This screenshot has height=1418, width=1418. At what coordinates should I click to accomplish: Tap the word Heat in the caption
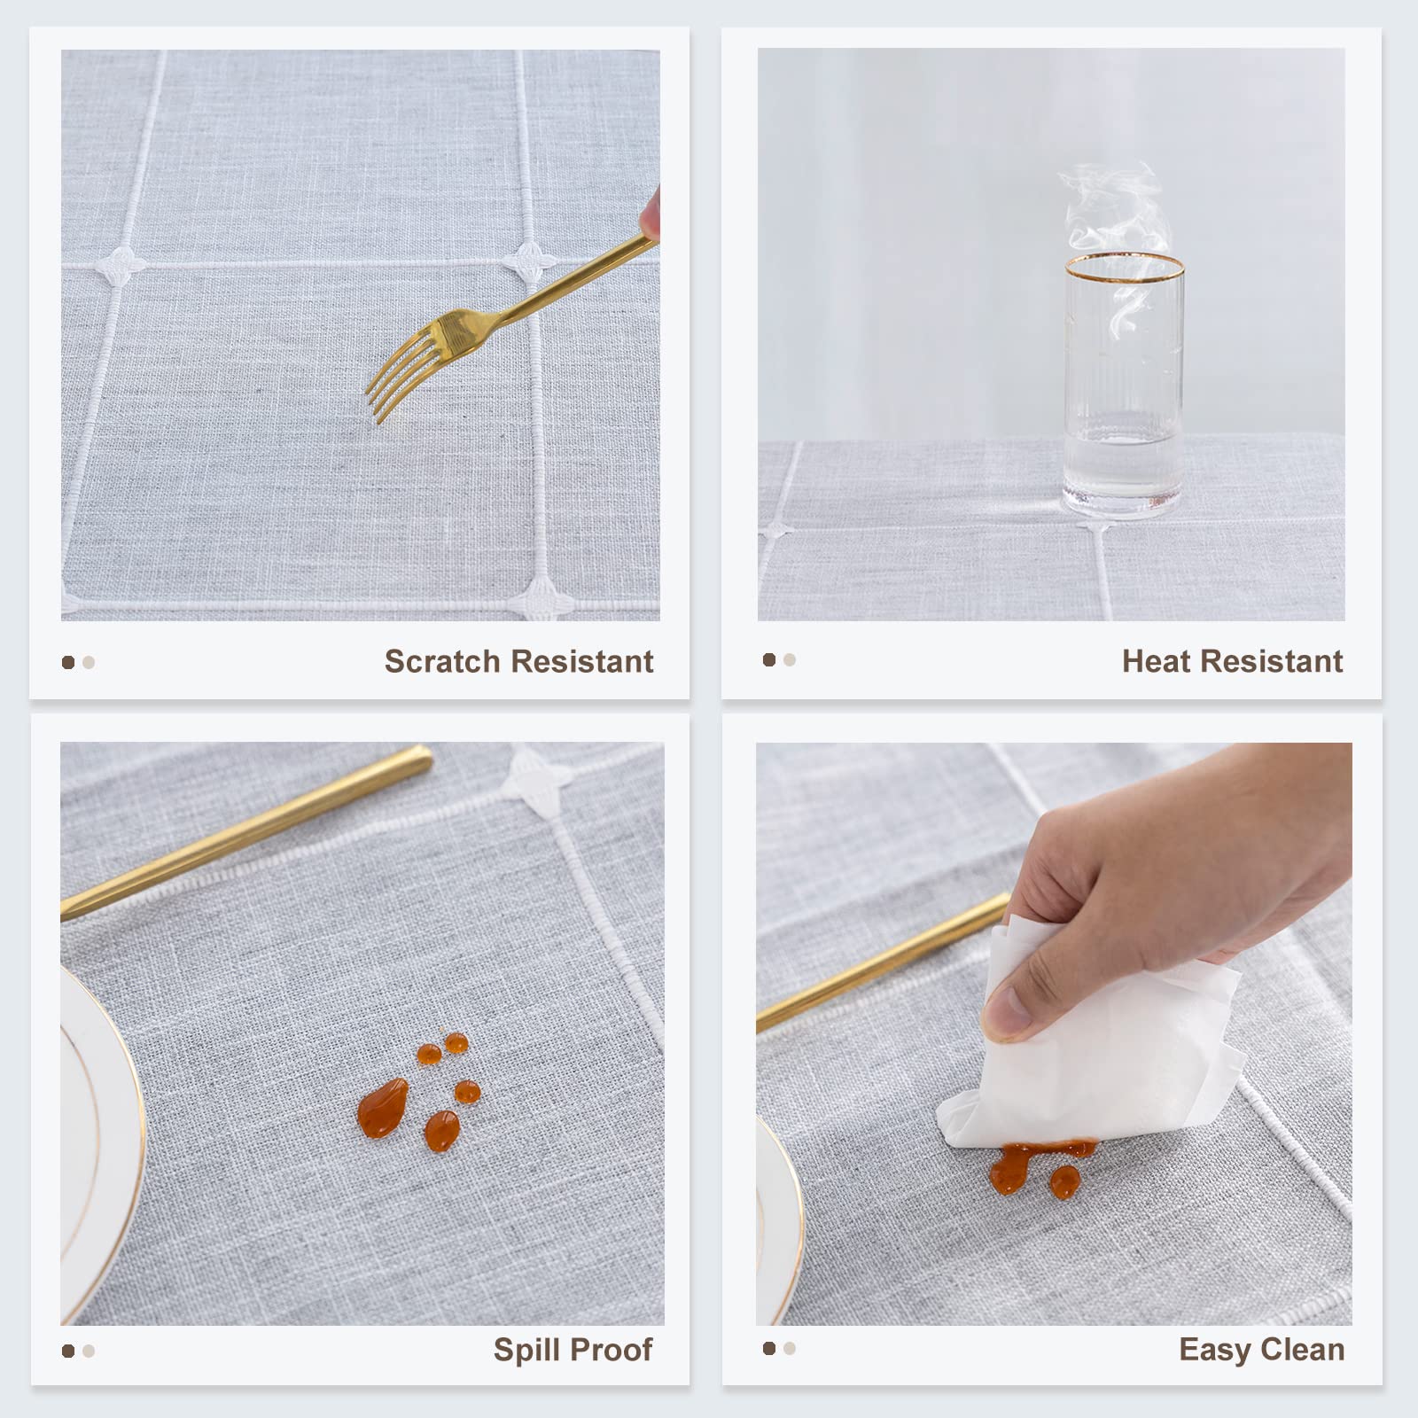click(x=1156, y=661)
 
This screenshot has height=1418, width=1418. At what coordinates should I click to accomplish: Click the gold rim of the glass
click(x=1125, y=266)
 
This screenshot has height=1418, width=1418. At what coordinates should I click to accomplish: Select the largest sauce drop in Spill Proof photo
click(x=383, y=1108)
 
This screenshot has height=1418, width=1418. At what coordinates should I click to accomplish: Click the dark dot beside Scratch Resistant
click(x=68, y=662)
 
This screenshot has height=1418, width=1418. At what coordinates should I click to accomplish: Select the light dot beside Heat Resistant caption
click(x=790, y=659)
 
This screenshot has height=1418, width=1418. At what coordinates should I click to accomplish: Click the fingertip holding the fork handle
click(x=651, y=213)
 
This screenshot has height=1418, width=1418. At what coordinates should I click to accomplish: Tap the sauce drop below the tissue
click(x=1064, y=1181)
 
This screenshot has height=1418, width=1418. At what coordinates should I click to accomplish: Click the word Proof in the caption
click(x=612, y=1350)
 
